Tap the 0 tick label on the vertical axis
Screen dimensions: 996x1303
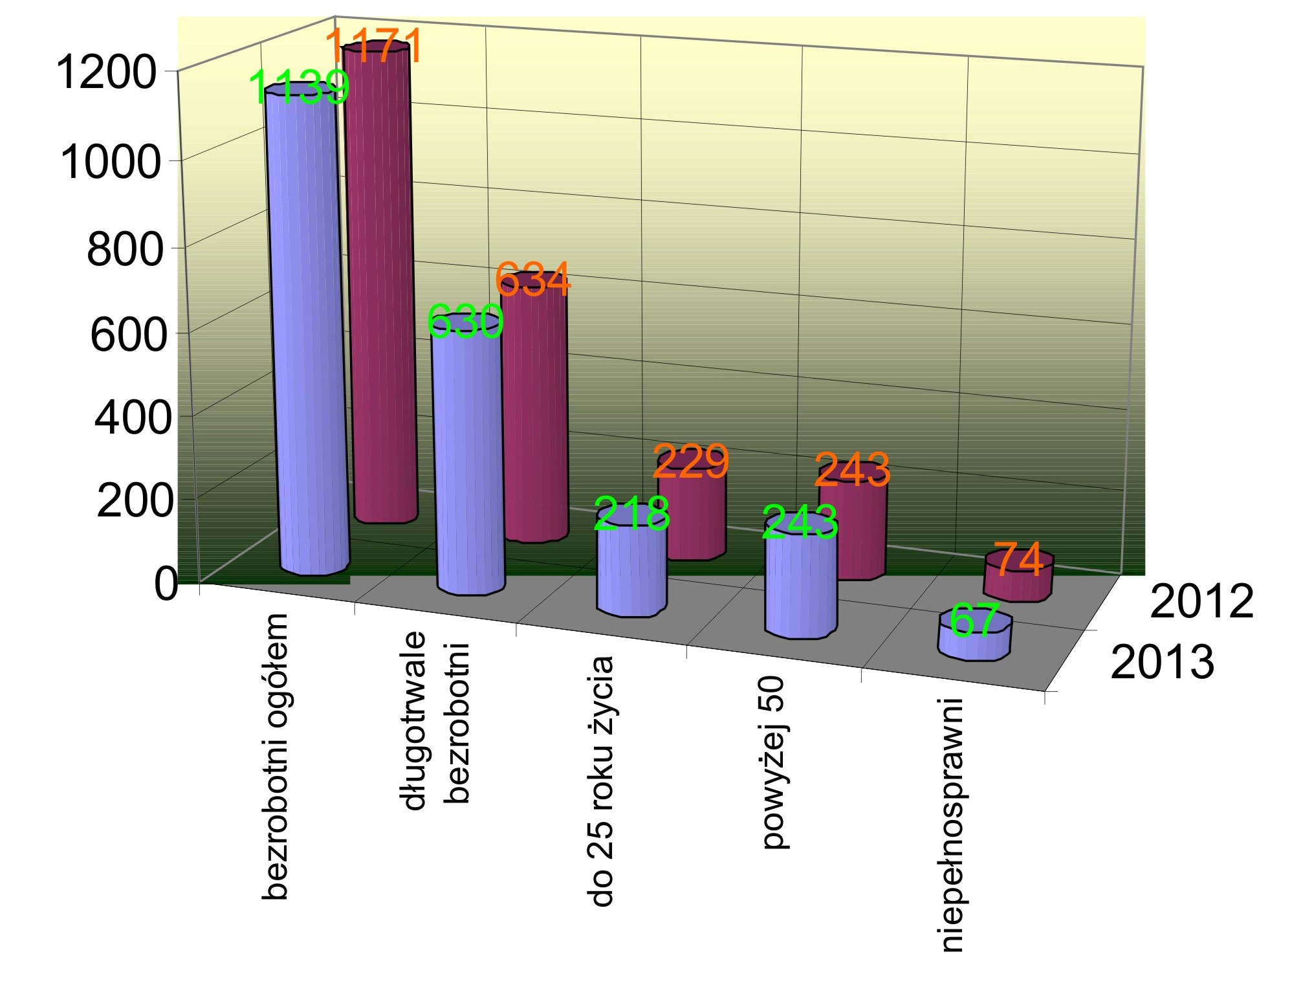point(166,584)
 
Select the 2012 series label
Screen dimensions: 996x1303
point(1201,602)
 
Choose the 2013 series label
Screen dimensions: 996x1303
point(1163,662)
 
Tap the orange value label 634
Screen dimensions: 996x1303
point(532,280)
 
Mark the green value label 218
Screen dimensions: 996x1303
point(631,514)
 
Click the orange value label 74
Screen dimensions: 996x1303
point(1018,559)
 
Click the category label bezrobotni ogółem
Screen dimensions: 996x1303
point(275,757)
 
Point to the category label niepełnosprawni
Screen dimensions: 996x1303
point(952,825)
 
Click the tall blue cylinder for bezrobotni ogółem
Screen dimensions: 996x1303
point(307,337)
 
